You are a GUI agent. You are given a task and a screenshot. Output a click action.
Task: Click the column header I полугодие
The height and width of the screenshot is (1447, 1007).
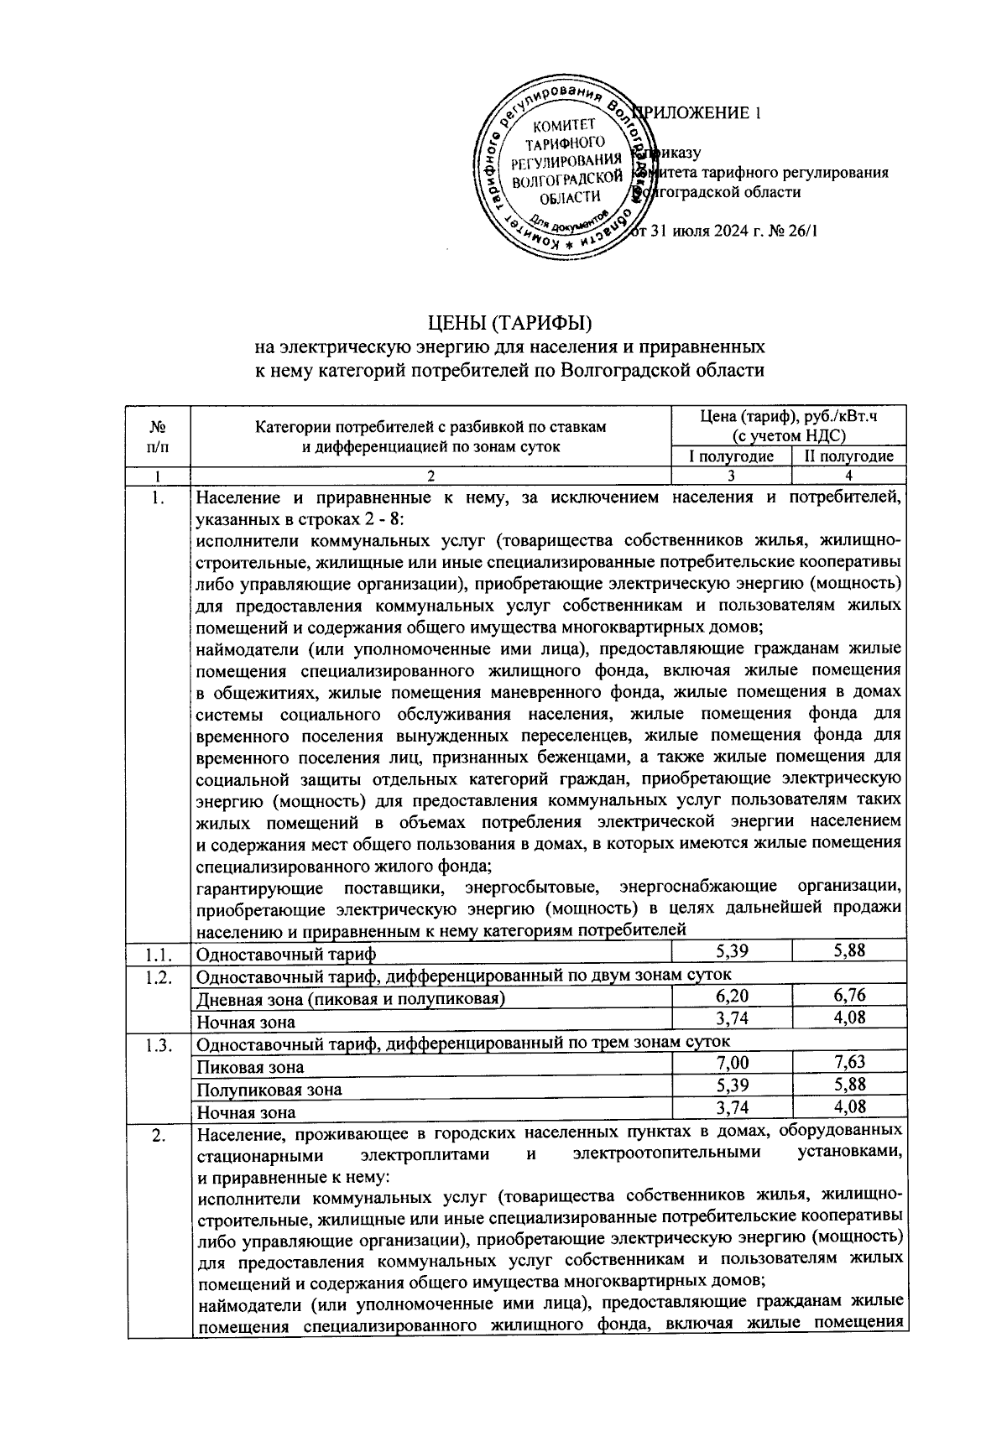[x=731, y=456]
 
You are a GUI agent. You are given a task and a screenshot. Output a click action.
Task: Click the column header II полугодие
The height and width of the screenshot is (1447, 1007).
[x=848, y=456]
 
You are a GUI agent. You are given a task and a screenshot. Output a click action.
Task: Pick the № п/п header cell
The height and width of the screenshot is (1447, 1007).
[x=158, y=435]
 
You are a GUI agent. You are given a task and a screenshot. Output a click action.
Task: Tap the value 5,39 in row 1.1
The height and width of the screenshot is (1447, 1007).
[x=731, y=950]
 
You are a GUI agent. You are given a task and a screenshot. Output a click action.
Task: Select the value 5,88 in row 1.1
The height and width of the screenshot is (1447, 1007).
[x=848, y=950]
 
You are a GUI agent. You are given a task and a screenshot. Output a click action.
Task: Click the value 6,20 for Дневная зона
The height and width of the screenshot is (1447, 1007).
[x=731, y=996]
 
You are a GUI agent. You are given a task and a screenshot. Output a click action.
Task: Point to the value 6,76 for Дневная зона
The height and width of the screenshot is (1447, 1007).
[x=848, y=996]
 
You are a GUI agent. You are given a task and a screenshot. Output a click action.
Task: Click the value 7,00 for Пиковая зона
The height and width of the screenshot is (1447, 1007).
[x=731, y=1063]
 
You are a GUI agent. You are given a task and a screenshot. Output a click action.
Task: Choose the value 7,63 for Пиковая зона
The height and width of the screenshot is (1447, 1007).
[x=848, y=1063]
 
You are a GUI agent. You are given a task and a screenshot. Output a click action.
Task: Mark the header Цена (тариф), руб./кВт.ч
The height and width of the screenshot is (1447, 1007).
[x=788, y=426]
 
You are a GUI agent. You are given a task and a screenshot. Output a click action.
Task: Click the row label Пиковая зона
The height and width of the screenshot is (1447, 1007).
[x=249, y=1068]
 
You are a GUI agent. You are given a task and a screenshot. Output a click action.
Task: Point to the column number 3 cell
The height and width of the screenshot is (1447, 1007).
[x=731, y=476]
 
